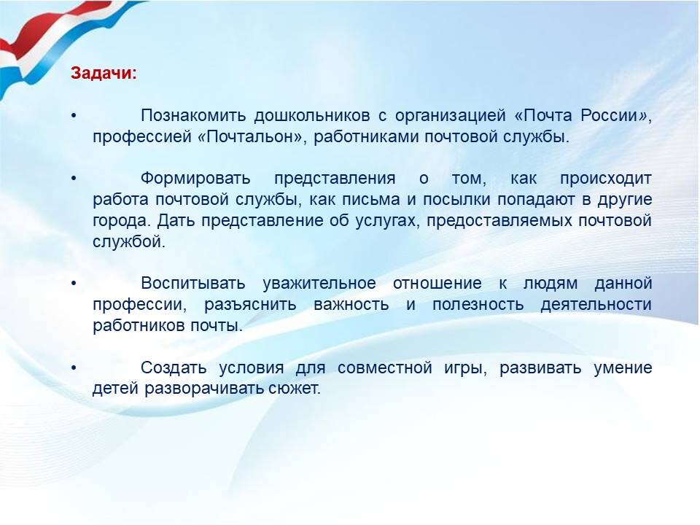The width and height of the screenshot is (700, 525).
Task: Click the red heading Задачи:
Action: tap(103, 74)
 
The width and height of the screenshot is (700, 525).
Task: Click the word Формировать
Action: tap(195, 179)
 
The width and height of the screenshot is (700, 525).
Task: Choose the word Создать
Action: tap(174, 367)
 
